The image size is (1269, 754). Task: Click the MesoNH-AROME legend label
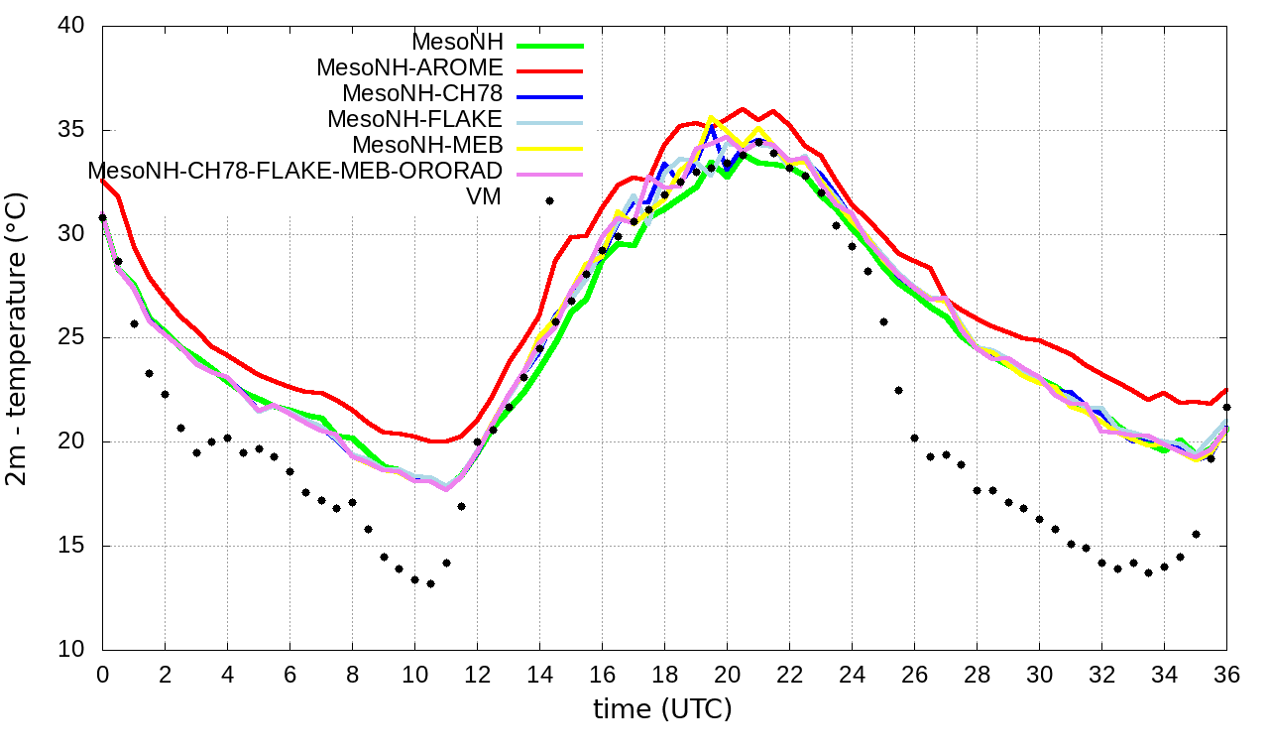click(409, 67)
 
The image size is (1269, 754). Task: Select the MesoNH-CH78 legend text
click(422, 93)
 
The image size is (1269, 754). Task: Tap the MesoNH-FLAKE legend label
click(415, 119)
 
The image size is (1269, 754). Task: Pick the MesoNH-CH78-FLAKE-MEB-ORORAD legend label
click(295, 171)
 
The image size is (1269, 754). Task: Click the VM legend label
click(484, 196)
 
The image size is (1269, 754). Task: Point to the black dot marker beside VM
click(549, 200)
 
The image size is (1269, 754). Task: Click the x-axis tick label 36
click(1226, 674)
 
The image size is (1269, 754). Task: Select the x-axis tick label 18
click(664, 674)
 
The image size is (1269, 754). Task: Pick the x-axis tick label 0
click(102, 674)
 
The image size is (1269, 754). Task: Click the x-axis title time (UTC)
click(662, 710)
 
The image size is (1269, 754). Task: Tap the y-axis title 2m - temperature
click(21, 338)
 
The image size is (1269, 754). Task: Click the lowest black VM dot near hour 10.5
click(430, 583)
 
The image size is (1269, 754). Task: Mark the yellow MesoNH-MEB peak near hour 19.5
click(711, 117)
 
